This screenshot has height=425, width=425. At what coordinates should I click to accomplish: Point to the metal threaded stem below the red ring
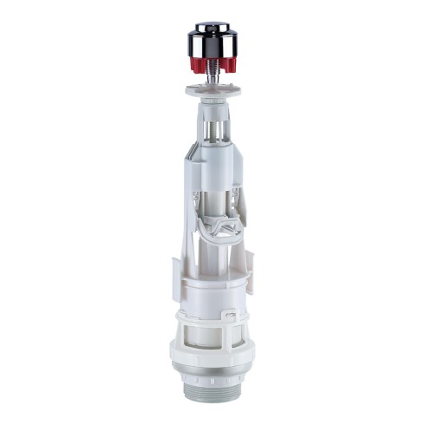tap(212, 77)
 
